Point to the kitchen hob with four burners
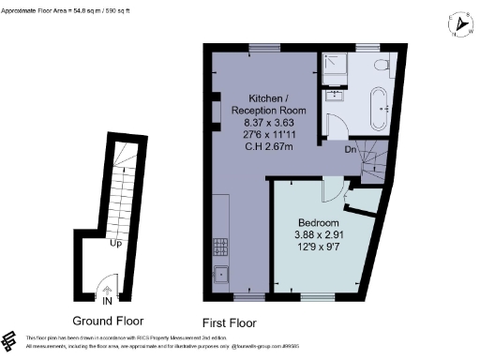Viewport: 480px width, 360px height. [221, 247]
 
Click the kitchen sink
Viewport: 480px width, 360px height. [221, 274]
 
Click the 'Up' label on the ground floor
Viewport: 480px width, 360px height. [116, 244]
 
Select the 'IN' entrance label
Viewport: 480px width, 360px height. [108, 301]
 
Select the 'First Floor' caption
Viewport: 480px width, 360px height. [229, 321]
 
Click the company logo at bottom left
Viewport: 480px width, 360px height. [12, 339]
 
